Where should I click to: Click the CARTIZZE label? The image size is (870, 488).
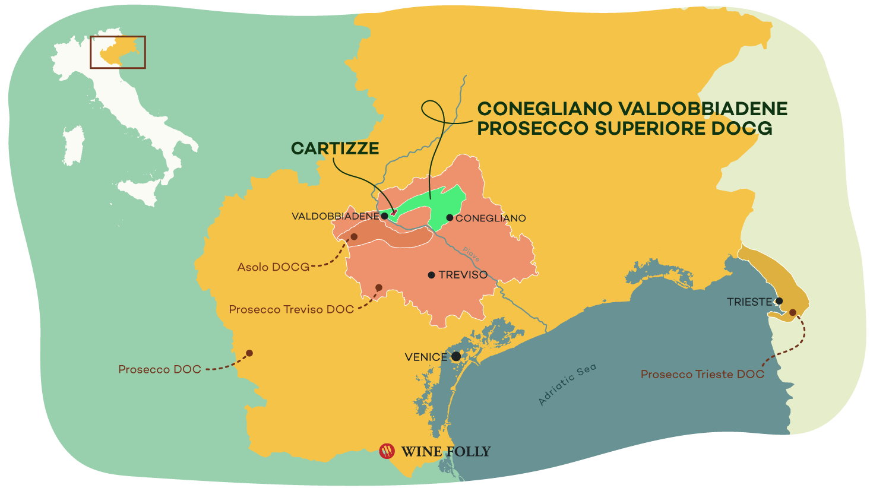(335, 148)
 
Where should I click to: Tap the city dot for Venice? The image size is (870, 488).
(456, 356)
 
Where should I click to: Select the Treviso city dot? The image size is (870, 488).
(432, 275)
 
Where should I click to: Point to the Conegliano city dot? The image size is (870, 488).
(450, 218)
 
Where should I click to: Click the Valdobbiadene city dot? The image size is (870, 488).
(384, 216)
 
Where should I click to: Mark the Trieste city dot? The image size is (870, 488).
(779, 301)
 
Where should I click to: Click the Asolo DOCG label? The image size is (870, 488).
(273, 267)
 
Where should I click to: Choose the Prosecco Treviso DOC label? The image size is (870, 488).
(291, 309)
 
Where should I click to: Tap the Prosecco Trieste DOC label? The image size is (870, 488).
(702, 374)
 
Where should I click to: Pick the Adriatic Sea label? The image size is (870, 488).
(567, 385)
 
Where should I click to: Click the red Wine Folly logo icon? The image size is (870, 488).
(387, 451)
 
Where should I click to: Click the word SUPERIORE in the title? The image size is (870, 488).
(656, 128)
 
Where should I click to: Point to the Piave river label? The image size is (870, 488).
(471, 255)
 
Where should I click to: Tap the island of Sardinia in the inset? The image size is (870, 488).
(73, 145)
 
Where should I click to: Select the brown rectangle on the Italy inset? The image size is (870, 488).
(118, 52)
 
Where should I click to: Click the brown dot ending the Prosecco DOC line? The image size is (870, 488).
(249, 353)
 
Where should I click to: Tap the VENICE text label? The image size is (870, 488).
(426, 357)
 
